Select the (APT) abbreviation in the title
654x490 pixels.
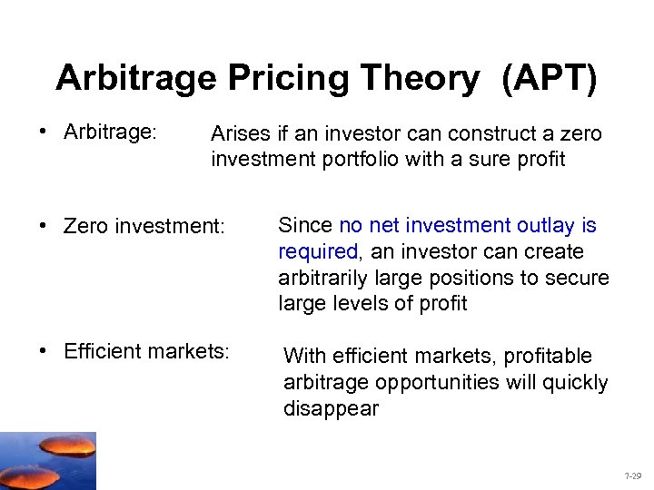pyautogui.click(x=548, y=79)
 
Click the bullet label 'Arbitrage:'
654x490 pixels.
pyautogui.click(x=111, y=132)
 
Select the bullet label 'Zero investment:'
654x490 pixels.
pyautogui.click(x=144, y=225)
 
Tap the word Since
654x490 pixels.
pyautogui.click(x=305, y=225)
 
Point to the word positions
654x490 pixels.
pyautogui.click(x=496, y=277)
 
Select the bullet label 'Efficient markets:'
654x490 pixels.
pyautogui.click(x=146, y=350)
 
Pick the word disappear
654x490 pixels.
pyautogui.click(x=331, y=408)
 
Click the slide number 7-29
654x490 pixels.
pyautogui.click(x=632, y=475)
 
